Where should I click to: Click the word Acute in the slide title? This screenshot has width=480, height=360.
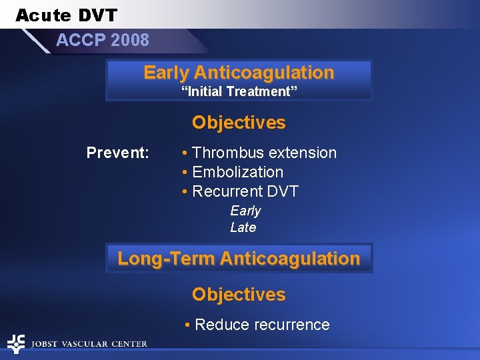41,15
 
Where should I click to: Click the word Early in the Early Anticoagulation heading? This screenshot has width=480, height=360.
167,73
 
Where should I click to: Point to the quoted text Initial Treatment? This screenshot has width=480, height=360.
239,91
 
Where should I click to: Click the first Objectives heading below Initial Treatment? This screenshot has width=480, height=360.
239,123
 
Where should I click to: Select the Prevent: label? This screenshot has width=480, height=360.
118,153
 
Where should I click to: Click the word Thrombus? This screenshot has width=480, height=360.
225,153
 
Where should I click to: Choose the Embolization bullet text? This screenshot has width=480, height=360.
237,172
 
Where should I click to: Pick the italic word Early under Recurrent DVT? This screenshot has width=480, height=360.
245,211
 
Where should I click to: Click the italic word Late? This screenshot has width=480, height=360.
243,227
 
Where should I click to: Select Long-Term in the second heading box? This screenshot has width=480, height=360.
166,258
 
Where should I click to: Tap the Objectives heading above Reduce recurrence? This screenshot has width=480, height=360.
239,295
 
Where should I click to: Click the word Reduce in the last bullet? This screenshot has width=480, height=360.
219,325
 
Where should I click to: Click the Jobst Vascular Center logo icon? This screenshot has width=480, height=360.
15,343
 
